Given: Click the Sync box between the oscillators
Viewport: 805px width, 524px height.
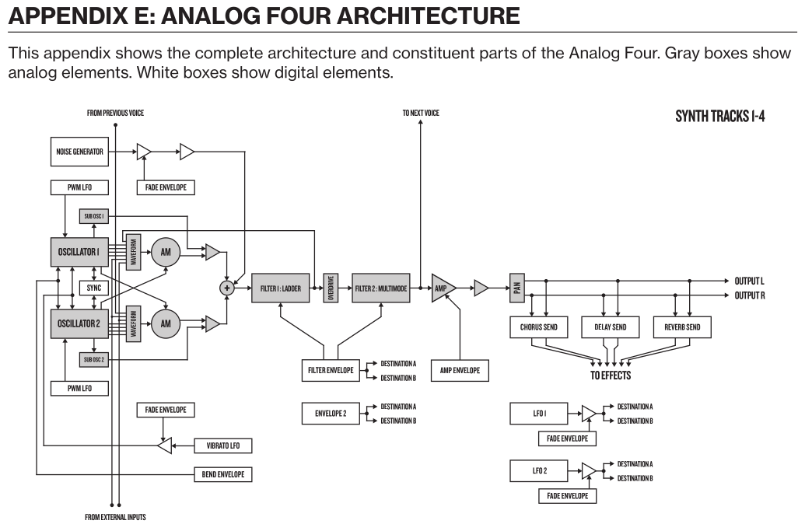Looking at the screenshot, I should pos(93,287).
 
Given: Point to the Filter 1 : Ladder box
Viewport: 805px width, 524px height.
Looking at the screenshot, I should pos(280,288).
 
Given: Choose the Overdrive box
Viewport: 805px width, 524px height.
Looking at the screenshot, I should pos(331,288).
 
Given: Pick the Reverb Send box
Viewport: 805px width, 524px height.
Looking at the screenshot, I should pos(682,327).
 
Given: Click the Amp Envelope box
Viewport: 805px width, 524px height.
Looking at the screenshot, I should pos(460,370).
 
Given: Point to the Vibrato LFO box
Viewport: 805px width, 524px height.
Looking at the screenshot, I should pos(222,445).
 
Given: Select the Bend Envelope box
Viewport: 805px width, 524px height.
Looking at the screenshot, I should pos(222,473).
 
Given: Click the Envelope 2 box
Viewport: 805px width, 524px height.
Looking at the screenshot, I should pos(331,414).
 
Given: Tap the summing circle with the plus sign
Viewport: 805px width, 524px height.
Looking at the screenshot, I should pos(227,288).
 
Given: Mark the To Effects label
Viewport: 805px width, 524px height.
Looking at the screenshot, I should pos(611,376).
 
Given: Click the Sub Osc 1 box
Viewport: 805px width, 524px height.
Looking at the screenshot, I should pos(93,215).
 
